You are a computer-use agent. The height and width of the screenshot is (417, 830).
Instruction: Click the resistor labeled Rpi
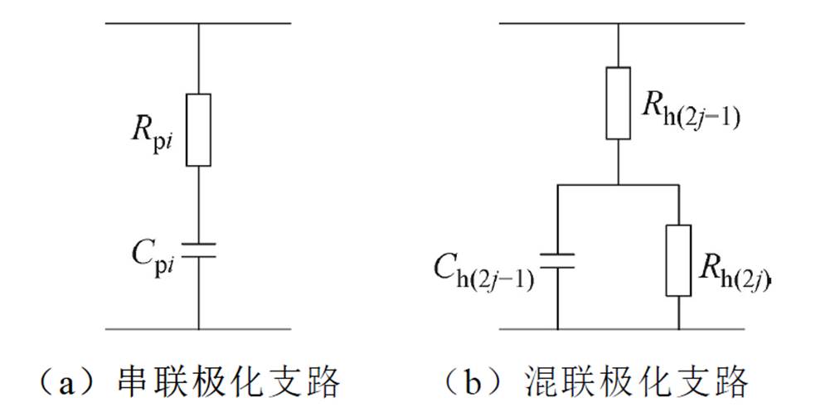198,130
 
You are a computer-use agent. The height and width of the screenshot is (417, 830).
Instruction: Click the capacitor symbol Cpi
198,250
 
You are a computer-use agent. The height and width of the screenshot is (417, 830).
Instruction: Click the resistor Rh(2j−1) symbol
619,103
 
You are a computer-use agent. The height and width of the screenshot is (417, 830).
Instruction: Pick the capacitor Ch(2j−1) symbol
556,261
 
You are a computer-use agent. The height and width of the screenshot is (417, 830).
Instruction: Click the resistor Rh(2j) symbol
679,259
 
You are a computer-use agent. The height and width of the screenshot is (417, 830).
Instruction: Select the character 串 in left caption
129,382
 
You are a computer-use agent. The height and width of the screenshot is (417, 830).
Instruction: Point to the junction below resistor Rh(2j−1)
619,184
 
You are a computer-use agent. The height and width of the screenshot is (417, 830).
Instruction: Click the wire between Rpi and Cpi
198,203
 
